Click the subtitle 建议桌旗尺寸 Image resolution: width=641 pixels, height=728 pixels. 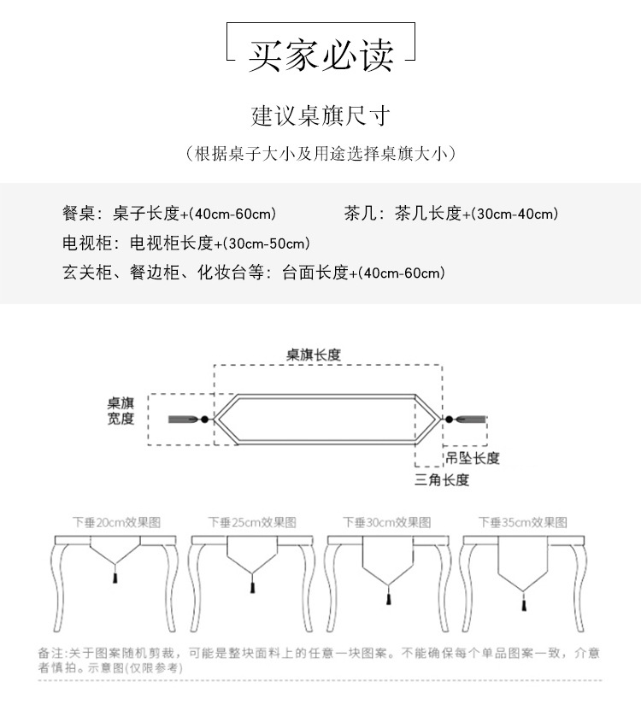(320, 114)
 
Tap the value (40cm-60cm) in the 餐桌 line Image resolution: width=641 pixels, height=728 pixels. (232, 214)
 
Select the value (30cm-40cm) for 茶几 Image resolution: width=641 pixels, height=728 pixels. (514, 214)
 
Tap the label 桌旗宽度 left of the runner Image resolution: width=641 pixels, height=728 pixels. (121, 410)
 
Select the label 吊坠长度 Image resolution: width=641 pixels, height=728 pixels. (471, 459)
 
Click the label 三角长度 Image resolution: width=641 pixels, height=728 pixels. (442, 480)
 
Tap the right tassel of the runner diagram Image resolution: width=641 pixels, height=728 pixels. (468, 420)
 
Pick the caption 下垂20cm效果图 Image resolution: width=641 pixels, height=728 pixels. (116, 522)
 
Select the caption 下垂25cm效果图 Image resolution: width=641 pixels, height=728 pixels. (252, 522)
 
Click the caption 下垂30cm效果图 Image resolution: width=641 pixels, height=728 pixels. (387, 522)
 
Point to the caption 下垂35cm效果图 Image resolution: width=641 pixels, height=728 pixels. (522, 522)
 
